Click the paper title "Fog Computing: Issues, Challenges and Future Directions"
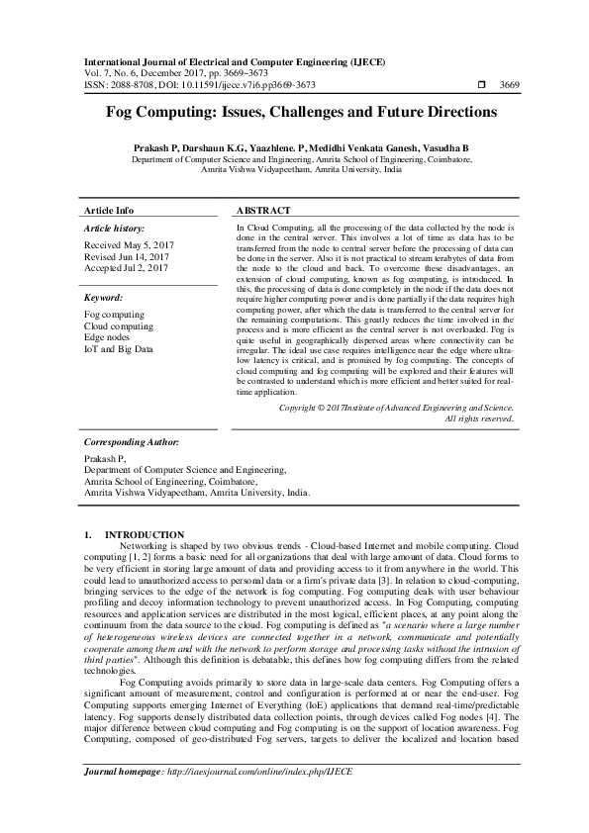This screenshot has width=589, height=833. [294, 113]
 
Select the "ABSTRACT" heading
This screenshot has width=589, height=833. [263, 211]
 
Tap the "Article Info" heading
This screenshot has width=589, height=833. [109, 211]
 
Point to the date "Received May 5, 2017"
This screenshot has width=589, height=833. [128, 245]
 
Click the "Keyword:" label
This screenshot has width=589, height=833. [103, 297]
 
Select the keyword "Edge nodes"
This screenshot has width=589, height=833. [108, 336]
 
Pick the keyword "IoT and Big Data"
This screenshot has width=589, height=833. [119, 348]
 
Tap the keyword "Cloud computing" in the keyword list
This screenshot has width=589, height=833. [119, 324]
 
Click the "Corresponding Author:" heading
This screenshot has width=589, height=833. [130, 444]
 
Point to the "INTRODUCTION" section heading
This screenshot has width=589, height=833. [144, 534]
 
